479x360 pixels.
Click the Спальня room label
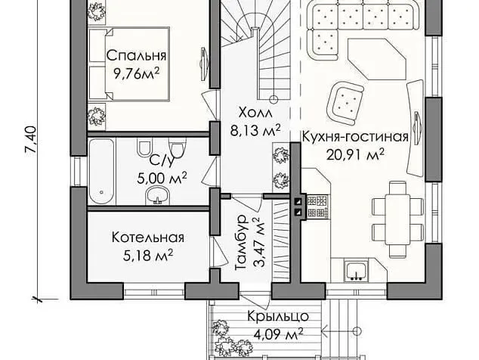point(136,56)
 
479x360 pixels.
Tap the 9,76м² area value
point(136,73)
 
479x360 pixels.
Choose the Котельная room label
point(148,237)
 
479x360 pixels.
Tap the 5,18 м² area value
point(148,255)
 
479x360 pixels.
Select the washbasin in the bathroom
point(158,197)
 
